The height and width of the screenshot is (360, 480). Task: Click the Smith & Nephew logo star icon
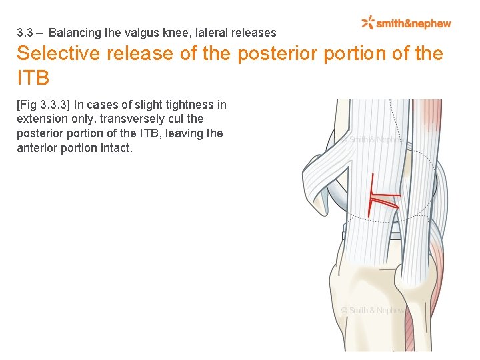click(368, 23)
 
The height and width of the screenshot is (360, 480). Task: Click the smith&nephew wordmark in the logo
click(413, 24)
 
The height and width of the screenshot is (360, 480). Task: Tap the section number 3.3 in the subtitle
click(25, 32)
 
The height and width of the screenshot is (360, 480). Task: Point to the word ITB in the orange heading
click(33, 77)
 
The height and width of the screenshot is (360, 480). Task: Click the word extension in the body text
click(41, 119)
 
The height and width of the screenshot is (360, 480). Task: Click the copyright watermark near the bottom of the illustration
click(373, 310)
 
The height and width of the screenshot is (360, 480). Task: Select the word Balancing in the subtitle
click(72, 32)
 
